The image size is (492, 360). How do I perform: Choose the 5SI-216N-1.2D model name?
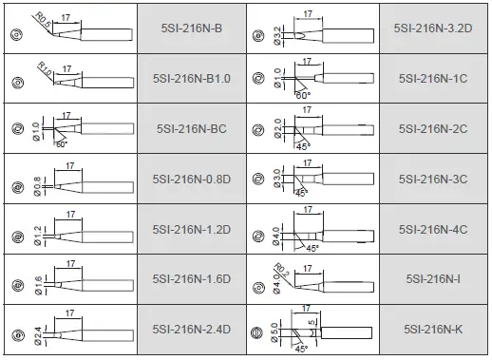pyautogui.click(x=192, y=230)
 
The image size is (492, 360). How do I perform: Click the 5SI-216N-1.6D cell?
pyautogui.click(x=192, y=280)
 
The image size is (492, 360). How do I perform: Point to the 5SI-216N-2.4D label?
pyautogui.click(x=192, y=330)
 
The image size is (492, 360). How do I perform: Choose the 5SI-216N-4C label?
pyautogui.click(x=432, y=230)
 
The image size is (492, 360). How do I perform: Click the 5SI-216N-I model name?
pyautogui.click(x=432, y=280)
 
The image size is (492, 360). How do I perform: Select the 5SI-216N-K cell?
pyautogui.click(x=432, y=330)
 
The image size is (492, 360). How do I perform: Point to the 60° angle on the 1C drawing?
pyautogui.click(x=301, y=96)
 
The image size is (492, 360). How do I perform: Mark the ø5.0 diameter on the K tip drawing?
pyautogui.click(x=275, y=332)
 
